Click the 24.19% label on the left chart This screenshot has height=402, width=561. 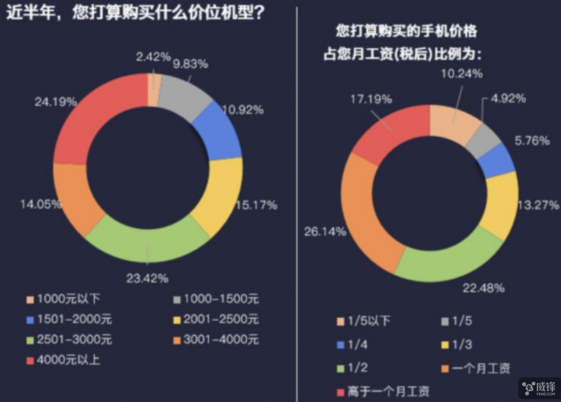point(55,102)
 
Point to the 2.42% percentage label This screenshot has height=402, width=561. point(153,57)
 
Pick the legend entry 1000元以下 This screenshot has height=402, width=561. point(63,299)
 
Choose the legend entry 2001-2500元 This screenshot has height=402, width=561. point(216,319)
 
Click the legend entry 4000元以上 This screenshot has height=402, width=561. point(63,360)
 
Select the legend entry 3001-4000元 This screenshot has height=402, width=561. point(216,340)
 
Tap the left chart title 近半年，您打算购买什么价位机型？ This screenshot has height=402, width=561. point(135,13)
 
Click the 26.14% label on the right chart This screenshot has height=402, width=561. point(325,232)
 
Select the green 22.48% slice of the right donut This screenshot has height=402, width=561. point(451,263)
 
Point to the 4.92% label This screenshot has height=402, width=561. point(508,99)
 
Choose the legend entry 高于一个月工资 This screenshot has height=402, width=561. point(383,391)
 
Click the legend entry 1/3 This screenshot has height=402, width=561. point(457,345)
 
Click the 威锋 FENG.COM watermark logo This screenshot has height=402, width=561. point(539,388)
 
